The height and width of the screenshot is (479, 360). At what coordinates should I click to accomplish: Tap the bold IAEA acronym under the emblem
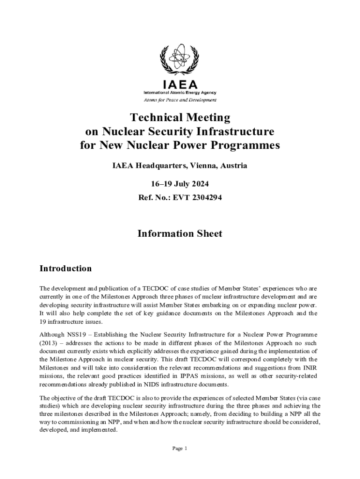(180, 85)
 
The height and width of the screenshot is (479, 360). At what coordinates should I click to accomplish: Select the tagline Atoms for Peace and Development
(180, 100)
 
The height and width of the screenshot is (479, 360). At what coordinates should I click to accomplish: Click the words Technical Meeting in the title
(180, 117)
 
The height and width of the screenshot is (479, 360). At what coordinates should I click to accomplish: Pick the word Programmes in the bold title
(246, 145)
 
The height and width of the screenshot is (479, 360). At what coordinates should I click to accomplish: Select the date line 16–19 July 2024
(180, 183)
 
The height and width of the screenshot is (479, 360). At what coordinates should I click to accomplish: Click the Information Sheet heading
(180, 233)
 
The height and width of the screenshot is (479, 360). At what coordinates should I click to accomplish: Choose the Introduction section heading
(65, 269)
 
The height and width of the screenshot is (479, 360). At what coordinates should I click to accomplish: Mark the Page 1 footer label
(180, 449)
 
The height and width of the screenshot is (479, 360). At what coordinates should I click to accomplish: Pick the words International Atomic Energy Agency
(180, 93)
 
